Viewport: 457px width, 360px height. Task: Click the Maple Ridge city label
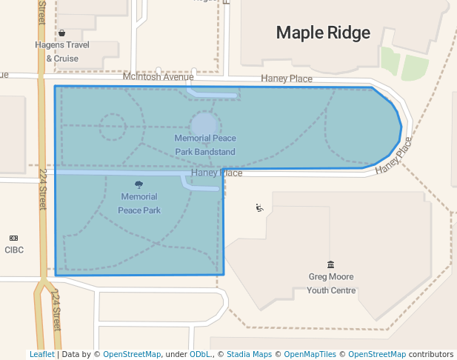coord(322,33)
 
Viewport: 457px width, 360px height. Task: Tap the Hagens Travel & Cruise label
coord(62,51)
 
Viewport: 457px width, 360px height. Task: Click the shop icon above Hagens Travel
coord(61,33)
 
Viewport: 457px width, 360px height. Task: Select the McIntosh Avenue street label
coord(158,76)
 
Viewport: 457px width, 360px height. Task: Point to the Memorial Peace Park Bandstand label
coord(205,144)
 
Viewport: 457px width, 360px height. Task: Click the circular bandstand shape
coord(204,124)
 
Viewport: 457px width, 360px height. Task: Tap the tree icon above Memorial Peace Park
coord(139,184)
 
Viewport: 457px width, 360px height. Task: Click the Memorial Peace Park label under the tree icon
coord(139,203)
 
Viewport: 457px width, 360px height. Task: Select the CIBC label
coord(14,250)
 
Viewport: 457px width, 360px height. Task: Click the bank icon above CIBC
coord(13,238)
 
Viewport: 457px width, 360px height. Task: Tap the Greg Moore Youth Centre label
coord(331,283)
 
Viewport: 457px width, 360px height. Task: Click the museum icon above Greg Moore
coord(330,264)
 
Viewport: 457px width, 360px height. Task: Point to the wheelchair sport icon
coord(258,208)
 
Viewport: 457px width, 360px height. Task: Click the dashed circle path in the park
coord(113,127)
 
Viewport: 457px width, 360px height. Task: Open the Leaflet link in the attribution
coord(42,354)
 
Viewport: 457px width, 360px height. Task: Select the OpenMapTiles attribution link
coord(307,354)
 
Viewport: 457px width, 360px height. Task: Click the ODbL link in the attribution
coord(201,354)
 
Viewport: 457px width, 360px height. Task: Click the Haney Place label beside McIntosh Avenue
coord(287,79)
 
